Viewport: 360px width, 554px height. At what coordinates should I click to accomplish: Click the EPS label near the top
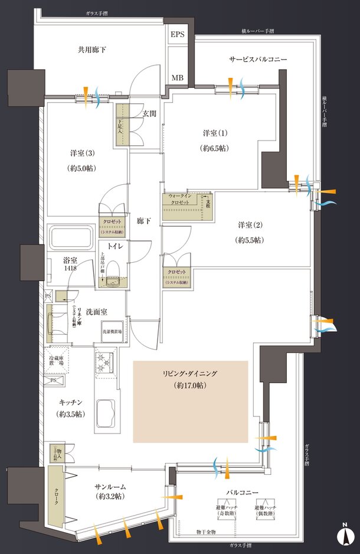[178, 35]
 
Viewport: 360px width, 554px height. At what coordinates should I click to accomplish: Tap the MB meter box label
[178, 77]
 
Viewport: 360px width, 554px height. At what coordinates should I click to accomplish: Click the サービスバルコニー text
[258, 60]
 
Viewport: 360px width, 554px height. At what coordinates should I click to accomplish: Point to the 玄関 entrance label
[149, 113]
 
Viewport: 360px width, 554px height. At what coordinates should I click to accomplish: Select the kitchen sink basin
[107, 409]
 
